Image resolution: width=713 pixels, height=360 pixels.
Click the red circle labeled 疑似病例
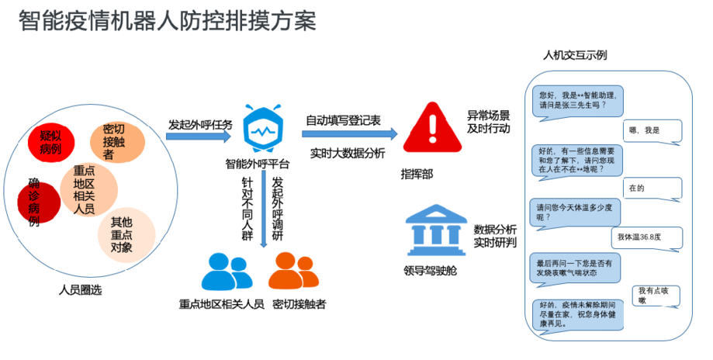tap(52, 140)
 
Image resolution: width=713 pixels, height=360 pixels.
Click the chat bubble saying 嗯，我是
tap(650, 130)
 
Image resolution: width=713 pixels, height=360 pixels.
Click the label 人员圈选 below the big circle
tap(80, 290)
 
